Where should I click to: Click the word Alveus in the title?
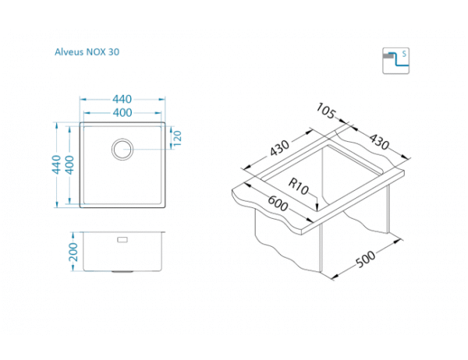[69, 52]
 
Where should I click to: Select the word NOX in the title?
[96, 52]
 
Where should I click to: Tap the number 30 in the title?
[114, 52]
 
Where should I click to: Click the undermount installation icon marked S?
[395, 61]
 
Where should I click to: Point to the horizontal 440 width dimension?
[122, 99]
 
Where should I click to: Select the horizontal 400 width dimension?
[122, 113]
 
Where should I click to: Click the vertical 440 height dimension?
[56, 164]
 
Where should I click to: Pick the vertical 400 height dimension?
[69, 164]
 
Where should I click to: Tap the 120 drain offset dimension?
[177, 138]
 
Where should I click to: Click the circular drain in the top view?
[122, 149]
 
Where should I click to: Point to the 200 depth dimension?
[73, 252]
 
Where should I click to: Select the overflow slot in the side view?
[122, 239]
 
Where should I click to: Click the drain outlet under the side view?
[122, 272]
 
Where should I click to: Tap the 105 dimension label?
[325, 111]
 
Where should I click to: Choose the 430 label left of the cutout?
[279, 148]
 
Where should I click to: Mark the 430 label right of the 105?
[379, 141]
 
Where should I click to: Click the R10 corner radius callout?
[298, 186]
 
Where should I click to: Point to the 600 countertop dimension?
[278, 203]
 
